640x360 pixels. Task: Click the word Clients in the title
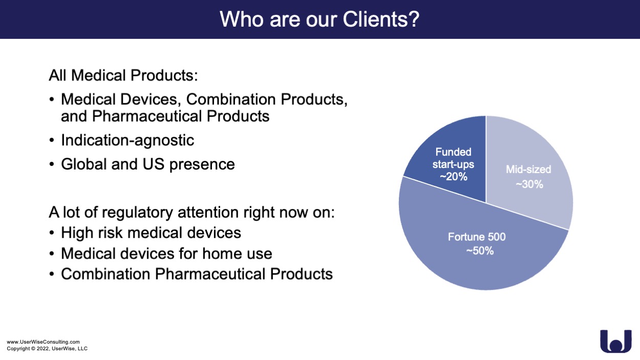click(381, 19)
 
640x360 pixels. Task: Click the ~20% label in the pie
click(454, 177)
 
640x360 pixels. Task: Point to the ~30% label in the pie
click(529, 184)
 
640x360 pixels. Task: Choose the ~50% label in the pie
click(480, 251)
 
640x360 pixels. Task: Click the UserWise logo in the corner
click(616, 341)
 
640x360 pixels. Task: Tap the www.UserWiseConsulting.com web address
click(44, 342)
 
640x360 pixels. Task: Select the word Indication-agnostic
click(127, 140)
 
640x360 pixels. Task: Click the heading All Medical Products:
click(123, 75)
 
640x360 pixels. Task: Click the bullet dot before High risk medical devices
click(51, 233)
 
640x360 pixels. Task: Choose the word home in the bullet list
click(221, 253)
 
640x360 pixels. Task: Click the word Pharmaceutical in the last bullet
click(210, 274)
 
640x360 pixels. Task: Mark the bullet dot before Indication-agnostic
click(51, 141)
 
